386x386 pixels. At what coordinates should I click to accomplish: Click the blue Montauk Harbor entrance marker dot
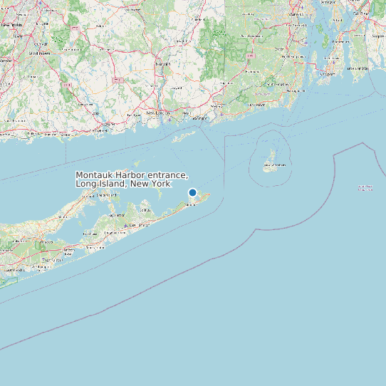pos(192,192)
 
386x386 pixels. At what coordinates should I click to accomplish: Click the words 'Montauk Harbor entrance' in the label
pos(132,176)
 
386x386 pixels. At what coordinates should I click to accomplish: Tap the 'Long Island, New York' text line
pos(122,184)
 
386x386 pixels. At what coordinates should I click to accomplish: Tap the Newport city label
pos(327,73)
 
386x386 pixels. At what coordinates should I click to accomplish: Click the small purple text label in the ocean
pos(365,188)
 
